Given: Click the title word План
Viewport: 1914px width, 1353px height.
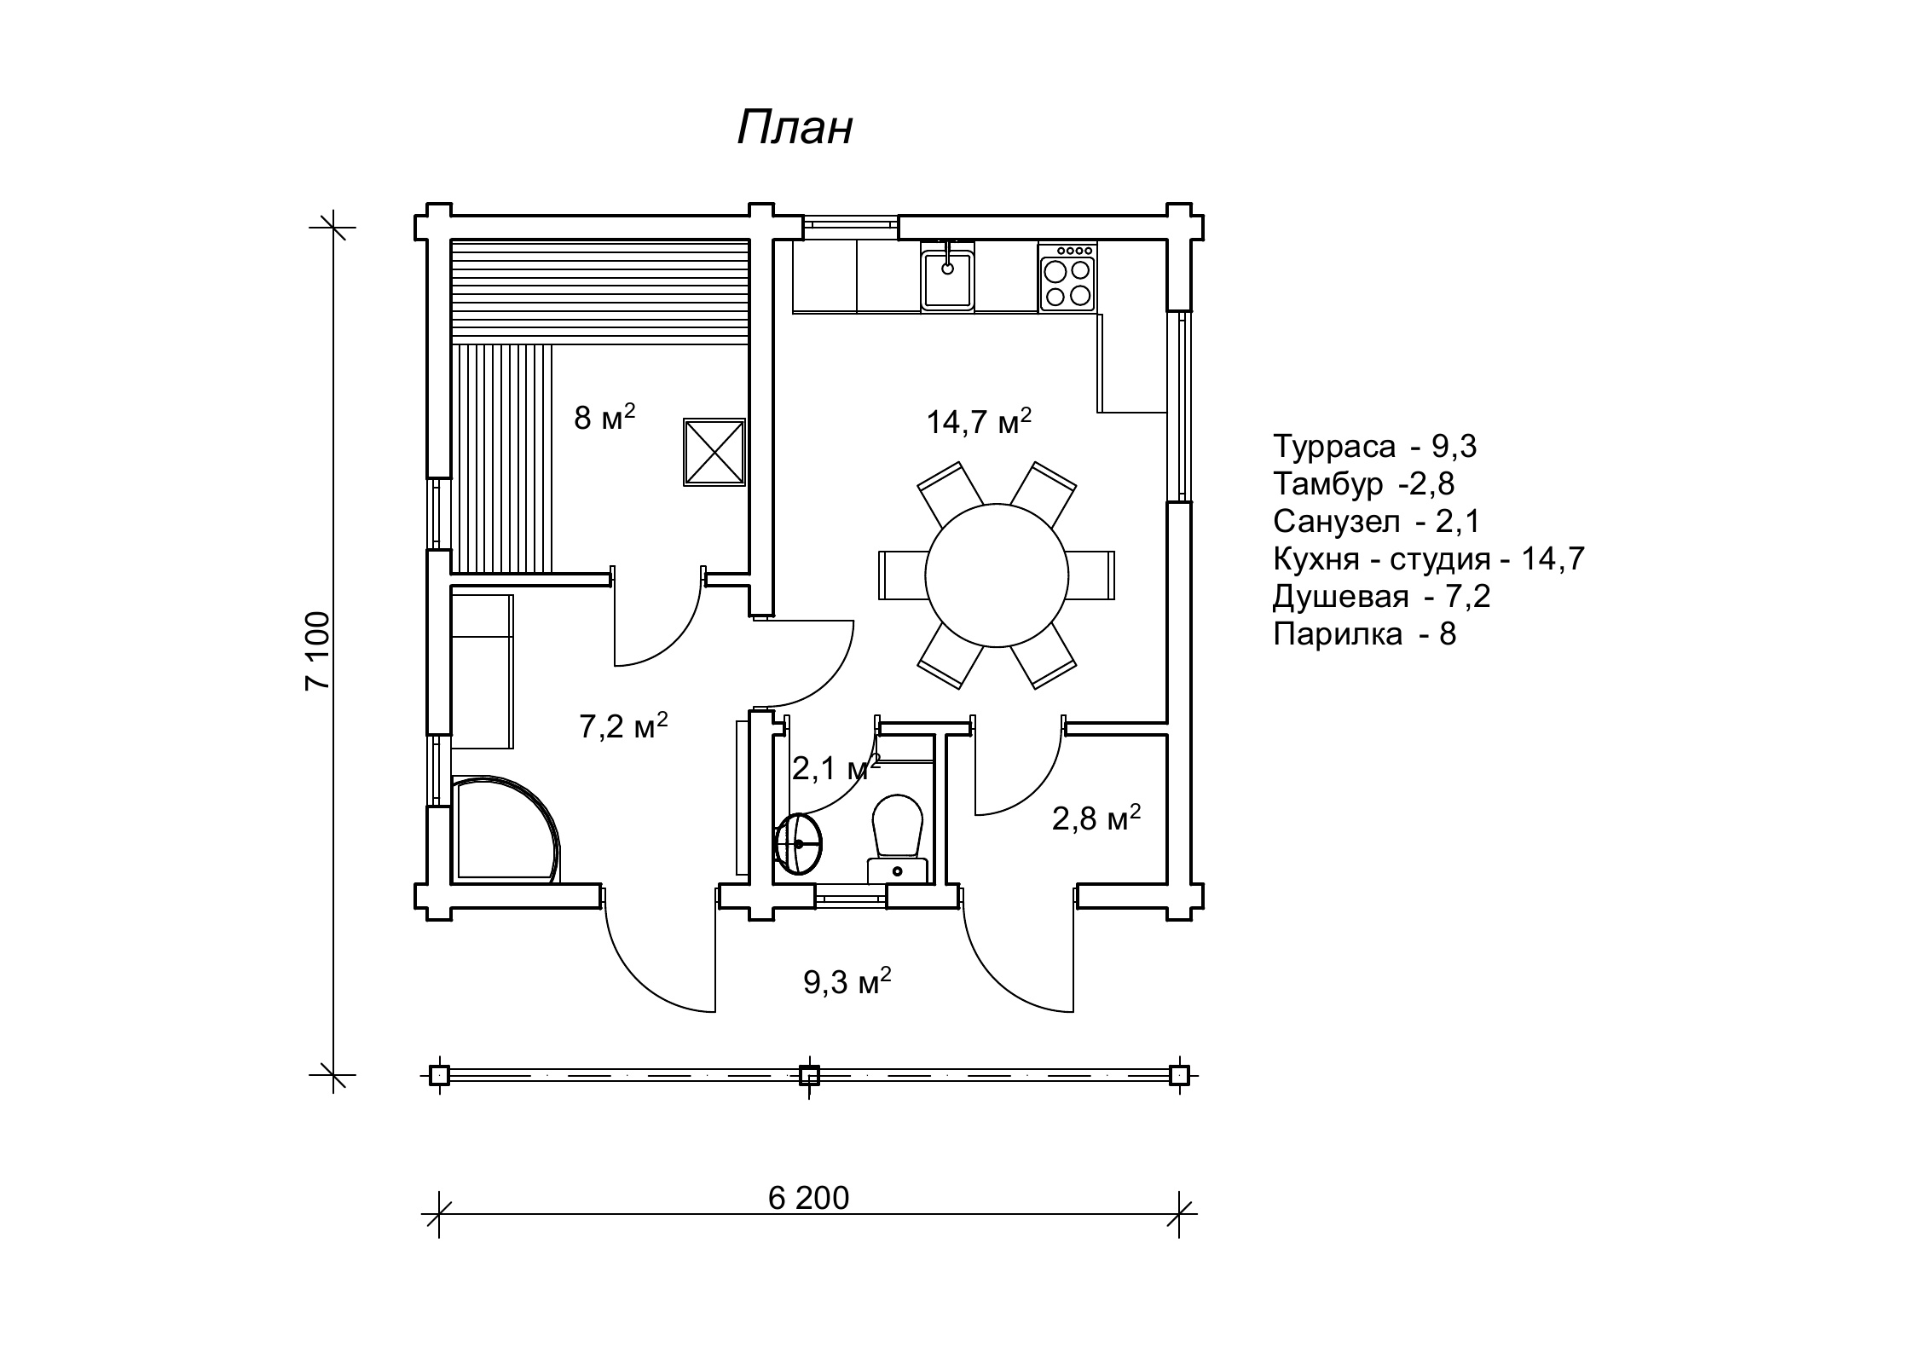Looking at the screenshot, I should click(794, 129).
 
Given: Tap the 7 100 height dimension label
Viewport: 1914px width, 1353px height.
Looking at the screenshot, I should click(317, 650).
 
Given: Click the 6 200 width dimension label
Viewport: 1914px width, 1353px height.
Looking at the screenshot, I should click(808, 1199).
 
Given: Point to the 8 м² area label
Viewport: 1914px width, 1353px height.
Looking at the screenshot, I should click(604, 418).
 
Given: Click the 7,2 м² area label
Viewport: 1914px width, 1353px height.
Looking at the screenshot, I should click(623, 726).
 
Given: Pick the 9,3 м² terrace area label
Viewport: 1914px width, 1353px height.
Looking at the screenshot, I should click(847, 982).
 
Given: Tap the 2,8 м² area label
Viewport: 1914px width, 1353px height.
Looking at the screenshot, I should click(1096, 819).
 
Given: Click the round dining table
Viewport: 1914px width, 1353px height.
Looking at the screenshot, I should click(996, 575).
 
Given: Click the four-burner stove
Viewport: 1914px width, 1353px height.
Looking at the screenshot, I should click(1067, 278).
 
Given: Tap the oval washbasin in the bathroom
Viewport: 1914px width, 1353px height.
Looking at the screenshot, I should click(798, 844).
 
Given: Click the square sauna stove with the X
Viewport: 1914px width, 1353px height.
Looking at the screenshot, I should click(714, 453).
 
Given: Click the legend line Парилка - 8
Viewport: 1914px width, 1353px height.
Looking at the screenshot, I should click(1364, 634).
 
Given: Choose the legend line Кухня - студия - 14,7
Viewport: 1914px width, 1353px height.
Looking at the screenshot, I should click(1428, 559).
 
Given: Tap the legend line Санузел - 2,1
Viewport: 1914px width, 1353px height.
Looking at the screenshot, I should click(1376, 521).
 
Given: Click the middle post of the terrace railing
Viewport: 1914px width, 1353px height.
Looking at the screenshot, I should click(808, 1075).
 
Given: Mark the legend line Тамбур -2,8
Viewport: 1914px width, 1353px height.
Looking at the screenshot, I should click(1363, 483).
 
